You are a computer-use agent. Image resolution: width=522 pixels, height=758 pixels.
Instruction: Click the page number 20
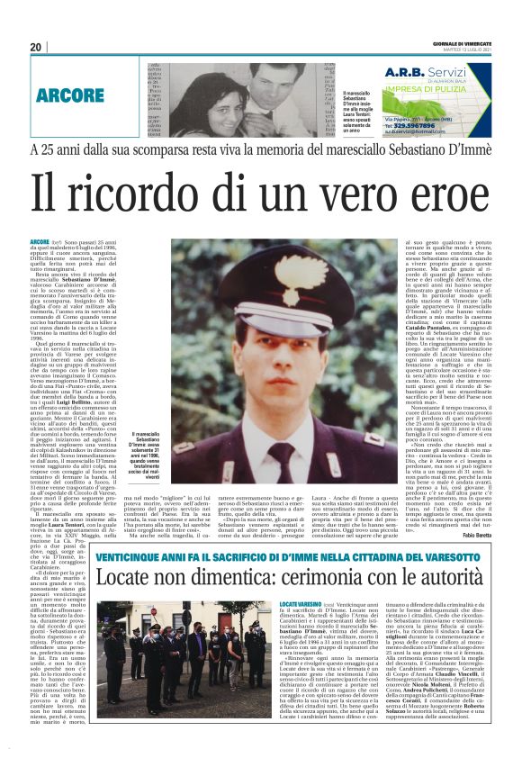(36, 47)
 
